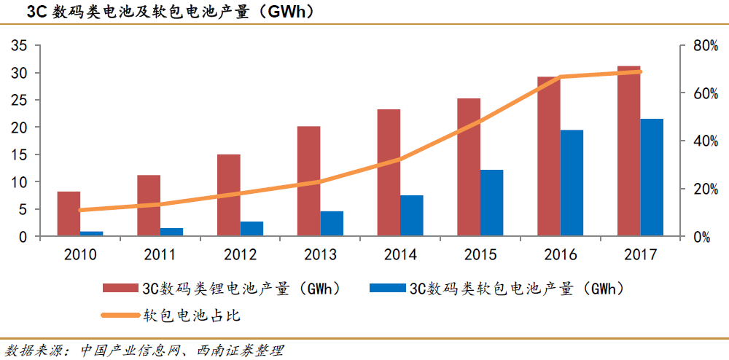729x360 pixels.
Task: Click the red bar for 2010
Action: tap(69, 214)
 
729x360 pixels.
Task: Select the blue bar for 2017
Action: tap(652, 178)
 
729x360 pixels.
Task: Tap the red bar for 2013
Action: tap(308, 181)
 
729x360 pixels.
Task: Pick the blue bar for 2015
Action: tap(491, 203)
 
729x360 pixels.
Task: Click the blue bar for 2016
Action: tap(572, 184)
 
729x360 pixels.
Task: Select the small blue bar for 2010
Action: tap(92, 233)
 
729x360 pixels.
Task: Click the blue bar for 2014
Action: tap(411, 216)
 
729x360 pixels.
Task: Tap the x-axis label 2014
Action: tap(399, 254)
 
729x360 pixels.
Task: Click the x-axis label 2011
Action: tap(160, 254)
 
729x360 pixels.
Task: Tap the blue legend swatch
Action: tap(387, 289)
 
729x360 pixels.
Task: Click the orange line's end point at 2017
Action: tap(640, 71)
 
